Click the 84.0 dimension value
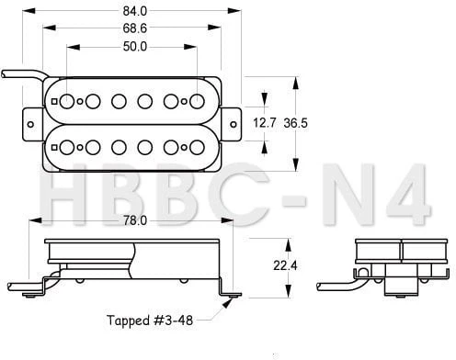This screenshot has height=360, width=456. coord(135,11)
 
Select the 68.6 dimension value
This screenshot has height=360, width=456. coord(135,28)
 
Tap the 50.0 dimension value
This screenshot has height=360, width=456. coord(135,47)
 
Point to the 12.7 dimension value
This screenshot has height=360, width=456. coord(265,123)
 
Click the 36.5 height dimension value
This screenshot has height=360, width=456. coord(295,123)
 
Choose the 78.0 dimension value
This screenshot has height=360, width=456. coord(135,220)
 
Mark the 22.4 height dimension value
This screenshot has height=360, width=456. coord(285,265)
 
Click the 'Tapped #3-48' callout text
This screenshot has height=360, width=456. coord(150,321)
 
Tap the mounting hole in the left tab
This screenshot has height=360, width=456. coord(30,124)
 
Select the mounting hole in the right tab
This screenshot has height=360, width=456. coord(234,124)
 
